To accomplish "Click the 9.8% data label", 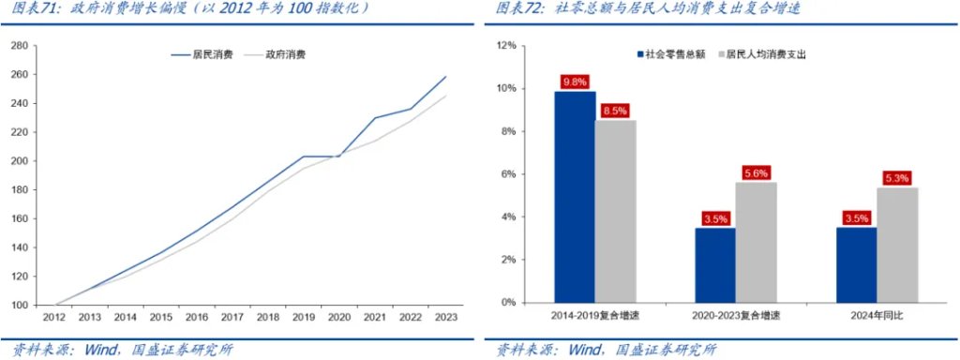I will pos(575,81).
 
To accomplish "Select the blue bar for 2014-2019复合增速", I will pos(575,197).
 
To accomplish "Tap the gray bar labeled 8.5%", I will pos(615,211).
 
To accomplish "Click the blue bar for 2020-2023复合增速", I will pos(714,265).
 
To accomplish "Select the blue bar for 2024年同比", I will pos(855,265).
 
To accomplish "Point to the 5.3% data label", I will pos(896,177).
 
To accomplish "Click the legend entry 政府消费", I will pos(285,54).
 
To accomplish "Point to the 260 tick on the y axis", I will pos(18,74).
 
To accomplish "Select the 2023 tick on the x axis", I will pos(445,317).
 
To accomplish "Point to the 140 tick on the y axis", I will pos(18,247).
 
